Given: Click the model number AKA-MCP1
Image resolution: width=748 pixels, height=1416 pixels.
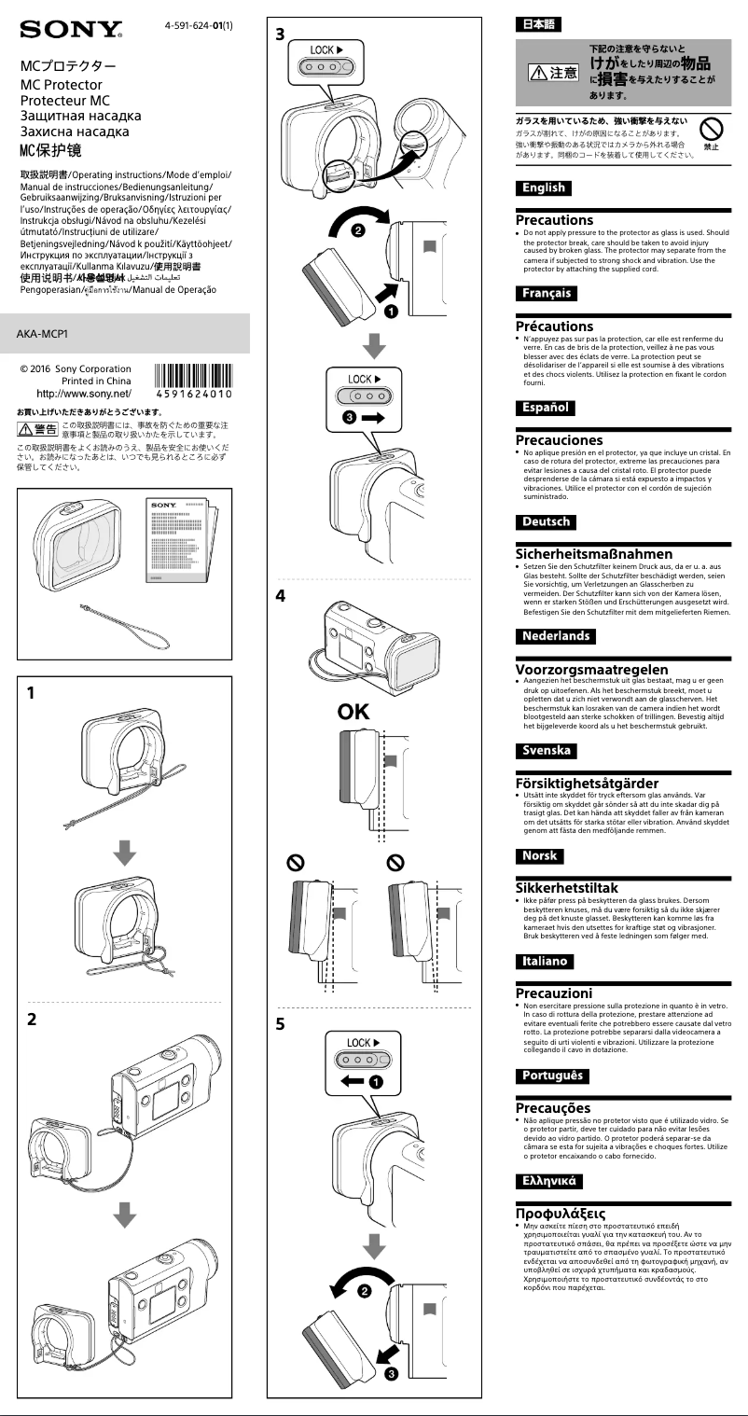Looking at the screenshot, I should (44, 332).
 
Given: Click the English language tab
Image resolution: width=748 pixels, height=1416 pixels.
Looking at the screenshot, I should (544, 187).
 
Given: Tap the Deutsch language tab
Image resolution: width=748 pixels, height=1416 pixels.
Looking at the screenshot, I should (545, 521).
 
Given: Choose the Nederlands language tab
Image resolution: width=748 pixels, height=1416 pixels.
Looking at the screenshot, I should (556, 636).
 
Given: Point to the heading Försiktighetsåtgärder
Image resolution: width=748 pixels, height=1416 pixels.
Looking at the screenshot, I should (587, 783).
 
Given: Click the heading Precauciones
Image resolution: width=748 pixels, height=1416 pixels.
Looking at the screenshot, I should (559, 439).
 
